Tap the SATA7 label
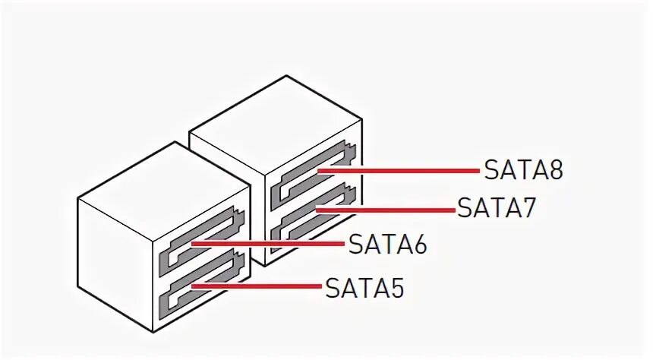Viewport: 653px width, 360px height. point(497,207)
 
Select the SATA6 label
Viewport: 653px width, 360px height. point(387,245)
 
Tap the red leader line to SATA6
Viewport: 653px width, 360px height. point(273,245)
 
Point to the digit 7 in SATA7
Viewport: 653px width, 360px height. point(528,207)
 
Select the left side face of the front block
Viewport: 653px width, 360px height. point(114,258)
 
